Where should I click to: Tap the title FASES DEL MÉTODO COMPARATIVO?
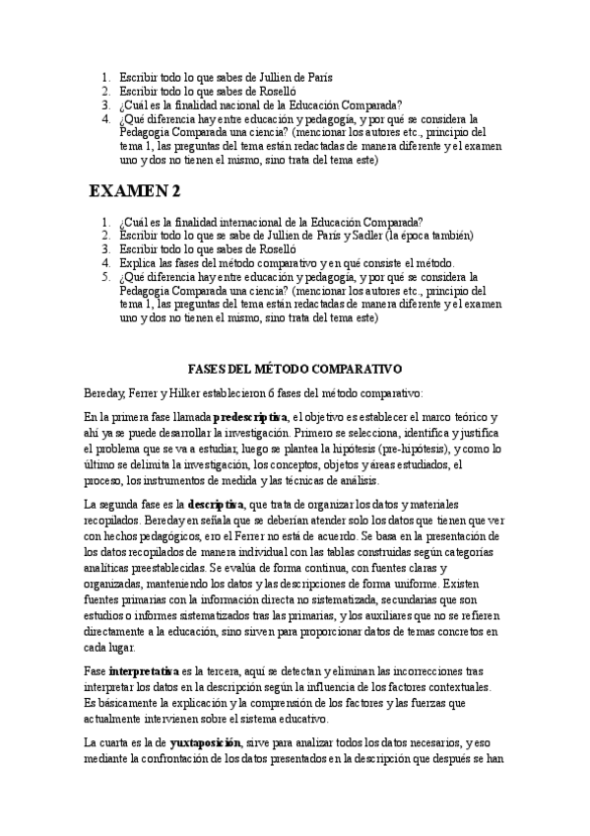pyautogui.click(x=295, y=369)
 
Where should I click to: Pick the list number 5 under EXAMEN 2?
pyautogui.click(x=105, y=277)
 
